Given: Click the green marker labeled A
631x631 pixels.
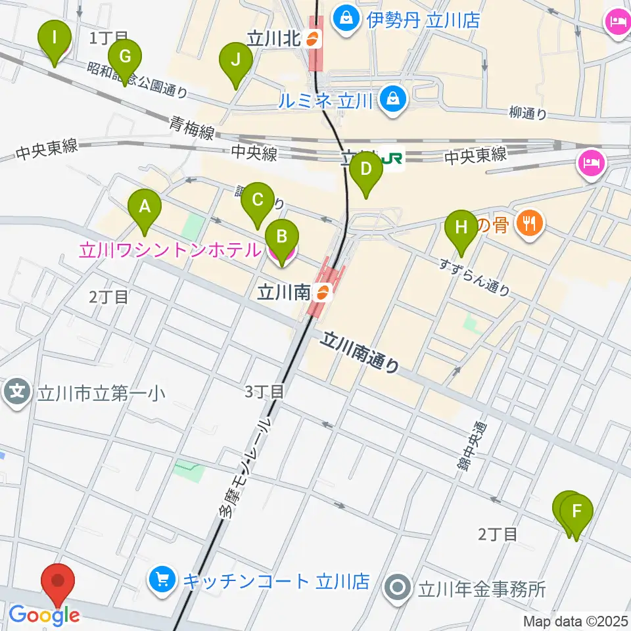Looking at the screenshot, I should point(144,209).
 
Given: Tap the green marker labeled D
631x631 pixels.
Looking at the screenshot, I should point(366,172).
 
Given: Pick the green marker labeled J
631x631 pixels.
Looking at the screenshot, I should point(236,62).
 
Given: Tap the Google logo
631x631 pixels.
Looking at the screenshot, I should point(44,615).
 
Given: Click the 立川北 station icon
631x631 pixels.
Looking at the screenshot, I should point(314,38).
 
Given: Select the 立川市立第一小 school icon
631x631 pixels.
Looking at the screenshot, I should point(18,393).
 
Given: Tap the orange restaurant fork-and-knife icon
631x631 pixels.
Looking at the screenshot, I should point(529,224).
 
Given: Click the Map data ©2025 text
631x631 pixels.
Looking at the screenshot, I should point(576,621).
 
